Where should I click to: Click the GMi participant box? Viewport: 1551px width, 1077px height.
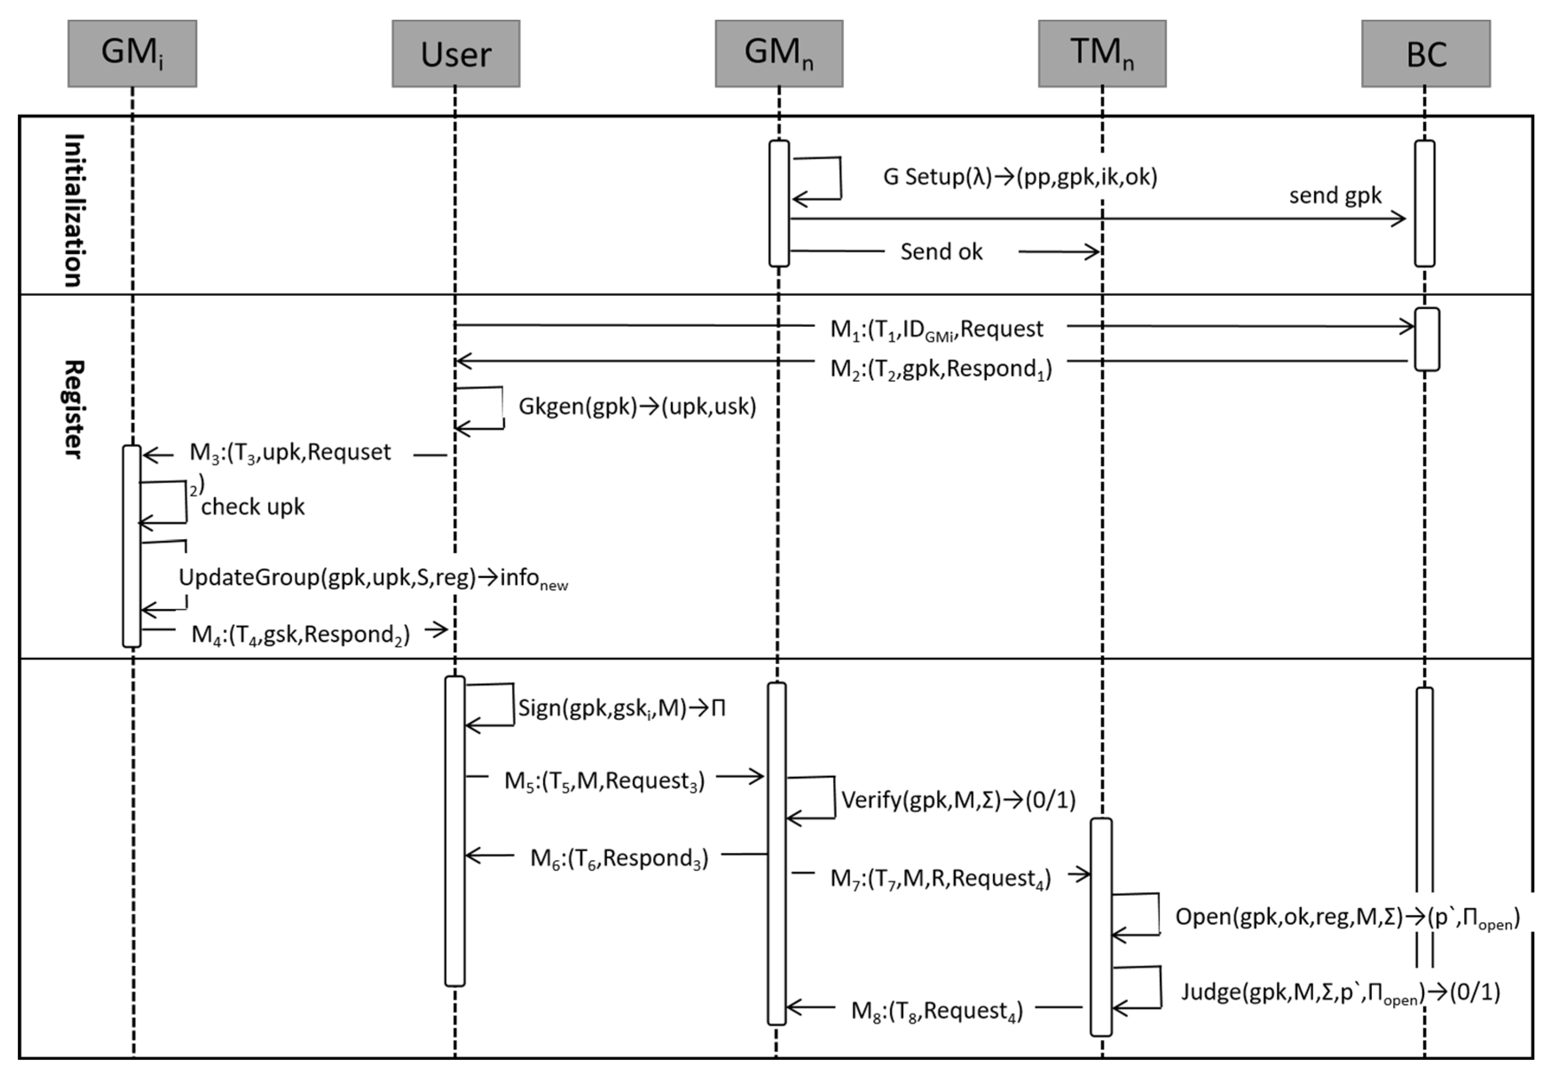click(x=132, y=53)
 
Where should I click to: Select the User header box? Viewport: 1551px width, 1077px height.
click(x=455, y=53)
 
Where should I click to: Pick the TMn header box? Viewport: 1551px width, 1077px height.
click(x=1102, y=53)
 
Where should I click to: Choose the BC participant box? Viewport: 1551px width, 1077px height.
click(x=1425, y=53)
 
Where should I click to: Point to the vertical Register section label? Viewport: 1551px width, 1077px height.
click(x=74, y=409)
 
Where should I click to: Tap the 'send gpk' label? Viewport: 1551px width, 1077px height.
click(x=1335, y=196)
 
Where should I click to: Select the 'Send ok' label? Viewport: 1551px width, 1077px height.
click(x=941, y=252)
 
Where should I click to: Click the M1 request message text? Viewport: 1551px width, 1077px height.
click(x=936, y=329)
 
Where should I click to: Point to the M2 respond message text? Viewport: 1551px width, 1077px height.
click(x=940, y=369)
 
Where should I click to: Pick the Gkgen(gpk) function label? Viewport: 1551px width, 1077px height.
click(x=637, y=407)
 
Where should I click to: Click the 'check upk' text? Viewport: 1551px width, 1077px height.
click(x=252, y=507)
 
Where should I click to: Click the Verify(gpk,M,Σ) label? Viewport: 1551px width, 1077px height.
click(x=958, y=800)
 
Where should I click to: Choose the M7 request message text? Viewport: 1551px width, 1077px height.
click(x=940, y=879)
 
